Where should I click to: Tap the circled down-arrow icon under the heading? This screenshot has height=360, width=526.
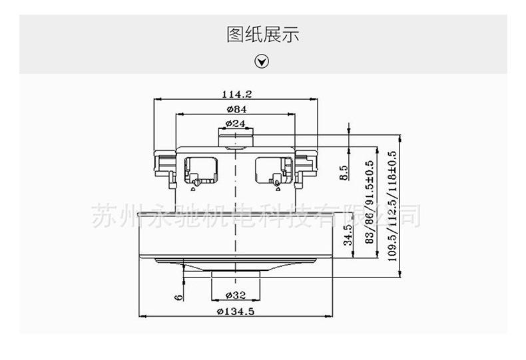click(x=262, y=62)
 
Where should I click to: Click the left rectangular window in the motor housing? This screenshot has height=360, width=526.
click(x=201, y=168)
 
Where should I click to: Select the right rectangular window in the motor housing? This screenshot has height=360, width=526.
click(x=272, y=168)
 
